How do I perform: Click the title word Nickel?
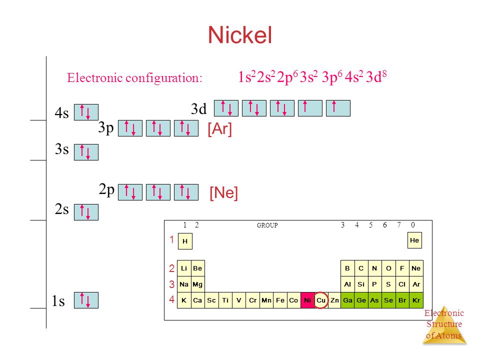point(239,35)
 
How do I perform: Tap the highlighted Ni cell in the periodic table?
point(307,300)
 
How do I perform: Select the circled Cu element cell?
point(321,300)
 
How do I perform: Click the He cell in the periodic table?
point(414,240)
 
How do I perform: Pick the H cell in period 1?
point(185,241)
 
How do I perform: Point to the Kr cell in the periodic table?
point(416,300)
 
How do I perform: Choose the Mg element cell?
point(197,284)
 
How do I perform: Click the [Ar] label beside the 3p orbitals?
point(220,129)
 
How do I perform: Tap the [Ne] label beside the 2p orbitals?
point(224,193)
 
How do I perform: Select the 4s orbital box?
point(86,112)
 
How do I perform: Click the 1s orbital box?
point(86,300)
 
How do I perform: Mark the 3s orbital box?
point(86,152)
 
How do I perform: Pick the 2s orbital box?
point(86,212)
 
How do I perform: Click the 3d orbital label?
point(198,108)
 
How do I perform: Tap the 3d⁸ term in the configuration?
point(376,76)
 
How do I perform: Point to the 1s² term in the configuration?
point(246,76)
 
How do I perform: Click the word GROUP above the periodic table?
point(267,225)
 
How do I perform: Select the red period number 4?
point(171,299)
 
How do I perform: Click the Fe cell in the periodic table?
point(280,300)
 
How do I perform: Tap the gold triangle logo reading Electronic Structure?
point(444,325)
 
